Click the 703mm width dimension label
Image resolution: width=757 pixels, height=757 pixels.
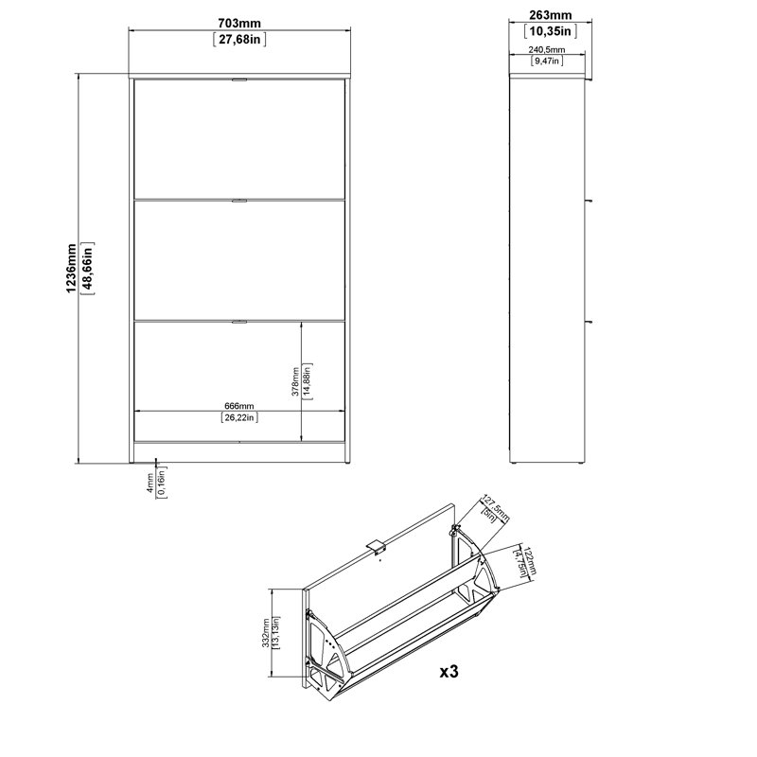pos(239,23)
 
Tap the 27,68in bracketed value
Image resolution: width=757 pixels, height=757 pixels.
pos(239,39)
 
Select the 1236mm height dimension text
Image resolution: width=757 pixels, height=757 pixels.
pos(71,269)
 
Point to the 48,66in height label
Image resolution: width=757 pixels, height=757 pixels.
pos(88,269)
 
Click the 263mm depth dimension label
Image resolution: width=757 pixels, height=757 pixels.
pos(551,15)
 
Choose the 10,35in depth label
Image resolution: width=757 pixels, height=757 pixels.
pos(551,31)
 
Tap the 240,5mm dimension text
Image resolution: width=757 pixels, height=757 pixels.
pos(547,50)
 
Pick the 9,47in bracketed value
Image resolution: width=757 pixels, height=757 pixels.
pos(547,61)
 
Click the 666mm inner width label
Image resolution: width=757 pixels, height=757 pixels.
pos(239,407)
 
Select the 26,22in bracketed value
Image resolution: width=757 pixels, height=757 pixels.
pos(239,417)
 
